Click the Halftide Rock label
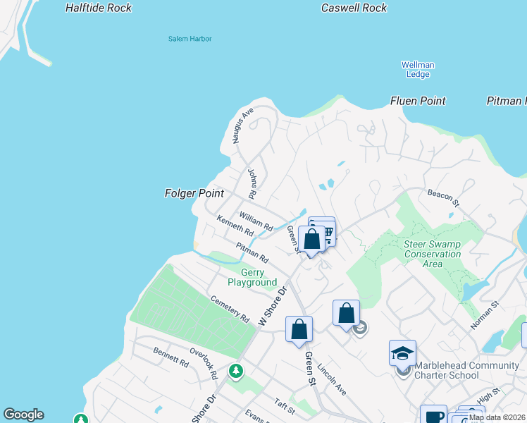point(98,8)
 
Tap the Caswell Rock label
point(354,8)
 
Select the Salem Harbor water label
point(190,39)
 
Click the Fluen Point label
point(418,102)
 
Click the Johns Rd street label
point(252,183)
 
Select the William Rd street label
point(255,221)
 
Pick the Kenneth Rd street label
point(235,226)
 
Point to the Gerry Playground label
point(252,278)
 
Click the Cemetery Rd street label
point(230,309)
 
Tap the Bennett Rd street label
point(170,357)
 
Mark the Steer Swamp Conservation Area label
point(433,254)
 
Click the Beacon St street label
point(443,197)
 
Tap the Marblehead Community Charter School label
point(466,370)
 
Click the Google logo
point(23,415)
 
